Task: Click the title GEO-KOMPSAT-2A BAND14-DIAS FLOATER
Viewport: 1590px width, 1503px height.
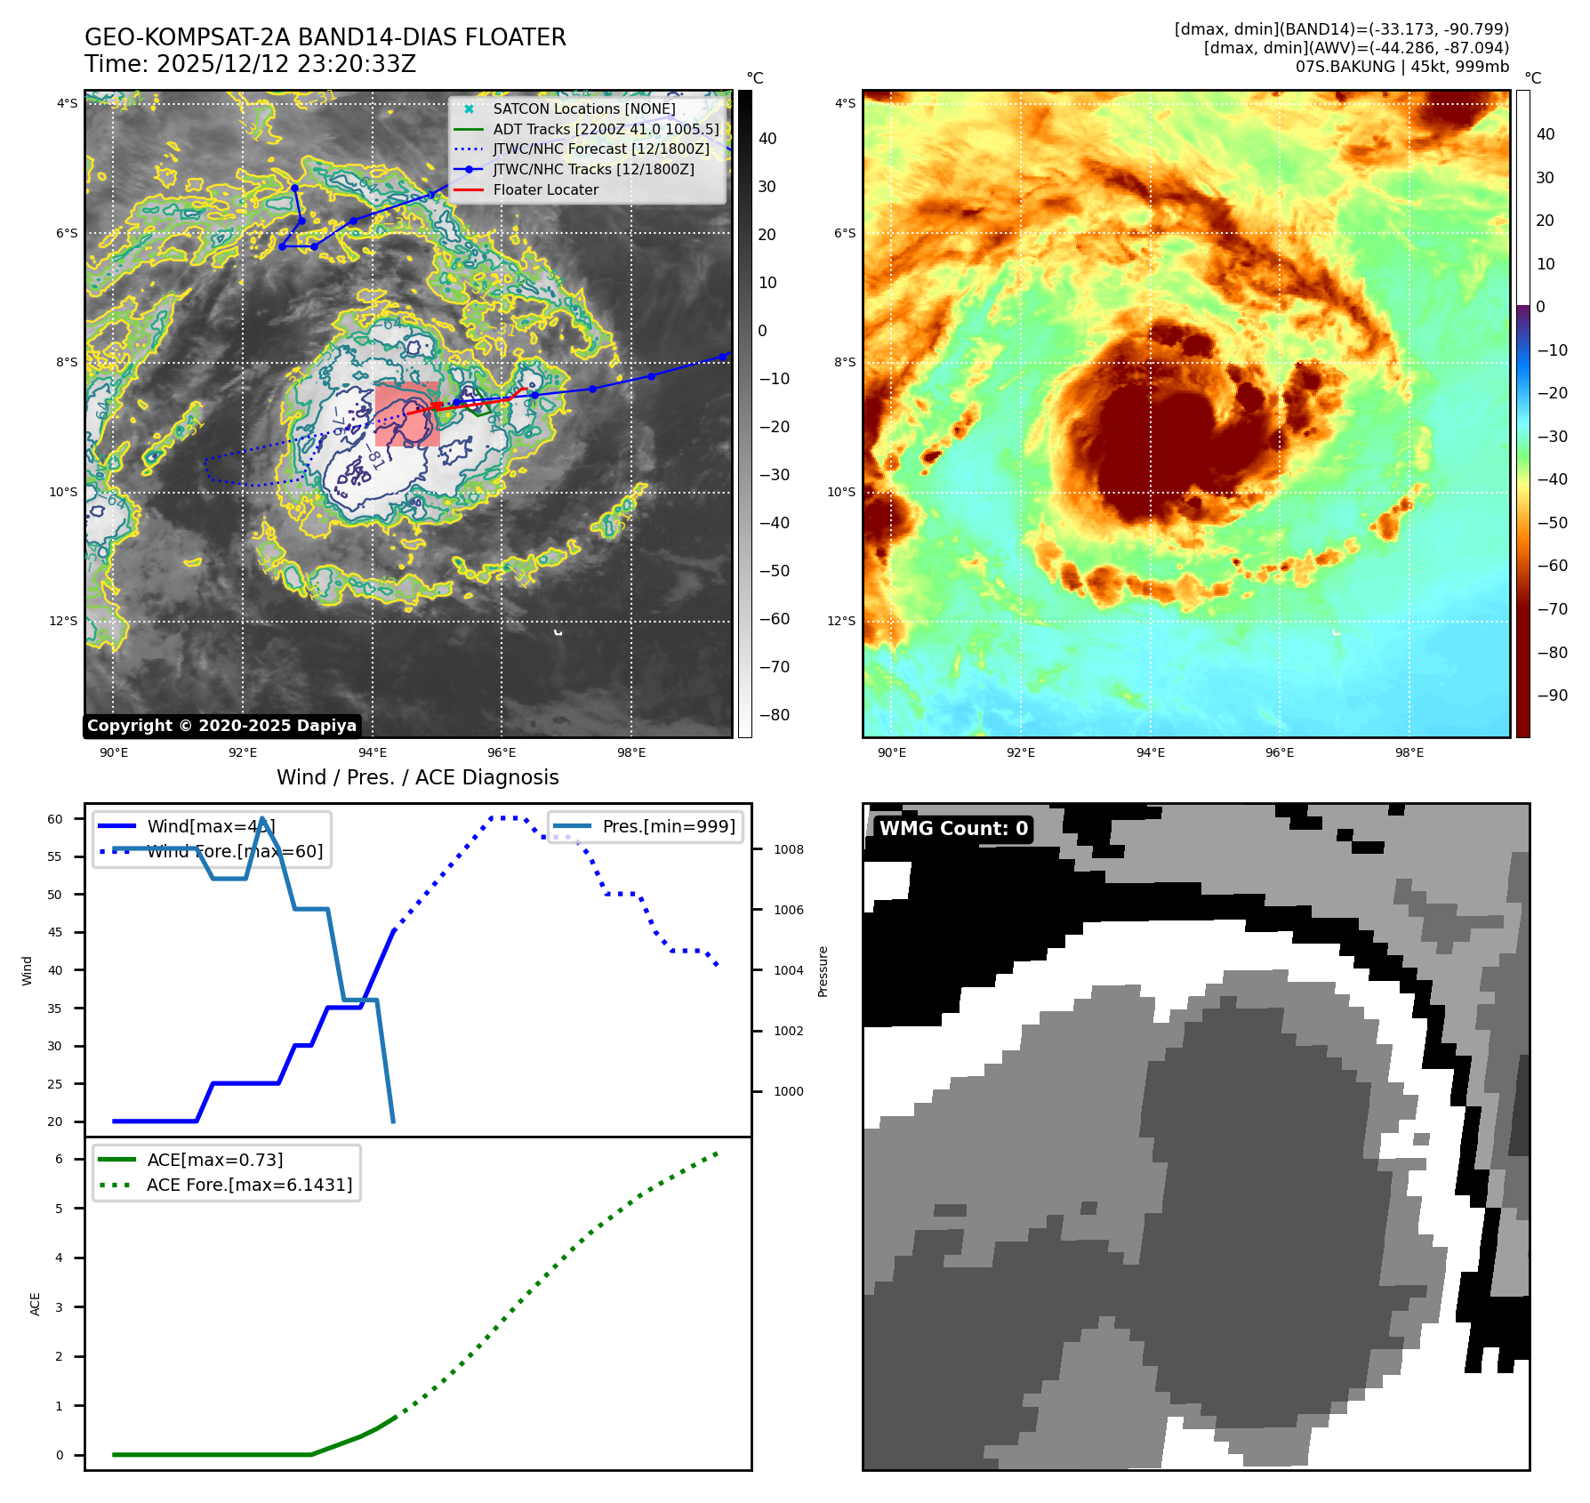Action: tap(325, 37)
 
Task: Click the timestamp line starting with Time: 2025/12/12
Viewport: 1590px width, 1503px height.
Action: tap(250, 64)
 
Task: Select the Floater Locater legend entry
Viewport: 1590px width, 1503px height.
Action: tap(545, 189)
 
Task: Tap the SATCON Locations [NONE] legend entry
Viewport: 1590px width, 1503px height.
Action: tap(583, 109)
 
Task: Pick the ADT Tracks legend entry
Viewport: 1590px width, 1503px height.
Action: tap(606, 129)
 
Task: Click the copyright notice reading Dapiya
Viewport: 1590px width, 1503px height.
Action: tap(221, 726)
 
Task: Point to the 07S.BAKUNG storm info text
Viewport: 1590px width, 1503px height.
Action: tap(1401, 67)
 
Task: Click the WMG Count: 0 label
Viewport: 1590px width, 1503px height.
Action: tap(953, 829)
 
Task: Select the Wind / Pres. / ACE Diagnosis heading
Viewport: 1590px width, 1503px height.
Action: tap(417, 777)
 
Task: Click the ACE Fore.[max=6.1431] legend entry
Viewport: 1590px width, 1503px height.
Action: tap(249, 1185)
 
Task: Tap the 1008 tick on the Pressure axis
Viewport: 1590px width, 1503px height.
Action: tap(788, 849)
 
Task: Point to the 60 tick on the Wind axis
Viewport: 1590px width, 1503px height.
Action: tap(55, 819)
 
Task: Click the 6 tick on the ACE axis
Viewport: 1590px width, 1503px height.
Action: tap(59, 1159)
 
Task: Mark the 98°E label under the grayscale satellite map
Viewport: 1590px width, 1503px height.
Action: tap(631, 752)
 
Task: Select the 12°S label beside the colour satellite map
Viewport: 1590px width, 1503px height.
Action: tap(841, 621)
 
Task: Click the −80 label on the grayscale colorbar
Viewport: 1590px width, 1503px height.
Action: tap(774, 715)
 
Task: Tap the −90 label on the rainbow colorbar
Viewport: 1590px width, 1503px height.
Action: tap(1552, 695)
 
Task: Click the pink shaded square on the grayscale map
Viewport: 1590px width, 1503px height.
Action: tap(406, 414)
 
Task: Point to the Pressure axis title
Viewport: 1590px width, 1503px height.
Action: tap(823, 971)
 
